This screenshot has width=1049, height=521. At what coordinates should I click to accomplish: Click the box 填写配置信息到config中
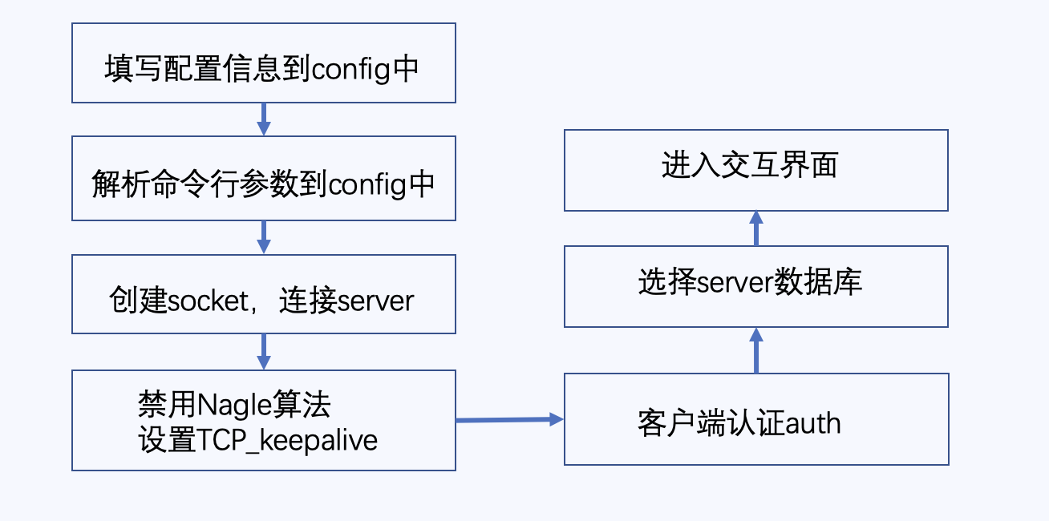263,63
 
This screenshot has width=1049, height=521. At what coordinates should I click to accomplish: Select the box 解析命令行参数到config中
263,178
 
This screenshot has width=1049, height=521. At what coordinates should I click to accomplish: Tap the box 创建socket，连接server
263,294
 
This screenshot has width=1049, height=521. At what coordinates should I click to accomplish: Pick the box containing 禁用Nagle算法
263,420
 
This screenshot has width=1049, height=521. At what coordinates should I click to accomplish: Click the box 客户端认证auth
755,419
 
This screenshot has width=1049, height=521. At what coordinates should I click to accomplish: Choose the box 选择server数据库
755,286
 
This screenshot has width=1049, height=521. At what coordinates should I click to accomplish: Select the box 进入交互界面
755,170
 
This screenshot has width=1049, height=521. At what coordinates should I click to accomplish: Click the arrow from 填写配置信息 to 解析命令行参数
263,119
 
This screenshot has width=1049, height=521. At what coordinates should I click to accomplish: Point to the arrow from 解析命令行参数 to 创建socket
263,237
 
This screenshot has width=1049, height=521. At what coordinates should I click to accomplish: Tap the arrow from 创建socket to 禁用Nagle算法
263,352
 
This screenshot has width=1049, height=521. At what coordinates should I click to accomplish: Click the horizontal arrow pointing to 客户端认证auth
509,419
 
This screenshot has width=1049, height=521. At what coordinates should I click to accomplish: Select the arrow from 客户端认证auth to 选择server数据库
755,350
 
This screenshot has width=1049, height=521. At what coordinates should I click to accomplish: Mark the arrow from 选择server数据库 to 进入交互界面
755,228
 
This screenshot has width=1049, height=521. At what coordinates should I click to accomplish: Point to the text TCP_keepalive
286,441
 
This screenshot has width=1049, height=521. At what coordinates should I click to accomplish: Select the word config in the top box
350,70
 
